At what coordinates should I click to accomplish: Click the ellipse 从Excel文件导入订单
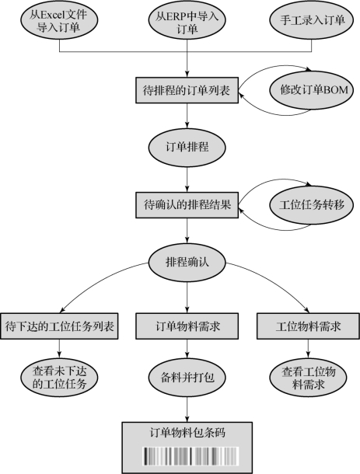click(59, 20)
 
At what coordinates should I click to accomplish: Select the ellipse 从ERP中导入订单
click(187, 20)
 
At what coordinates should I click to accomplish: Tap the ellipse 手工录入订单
click(312, 20)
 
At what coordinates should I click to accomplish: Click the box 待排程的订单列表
click(187, 90)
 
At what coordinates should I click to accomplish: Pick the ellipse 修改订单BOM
click(312, 90)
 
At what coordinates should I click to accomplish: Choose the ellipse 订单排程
click(187, 147)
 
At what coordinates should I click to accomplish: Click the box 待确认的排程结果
click(187, 205)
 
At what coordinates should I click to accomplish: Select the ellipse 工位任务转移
click(312, 205)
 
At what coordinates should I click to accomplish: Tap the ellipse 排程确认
click(187, 263)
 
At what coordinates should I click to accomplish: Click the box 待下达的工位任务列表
click(59, 326)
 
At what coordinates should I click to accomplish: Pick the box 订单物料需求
click(187, 326)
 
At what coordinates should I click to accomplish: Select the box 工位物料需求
click(308, 326)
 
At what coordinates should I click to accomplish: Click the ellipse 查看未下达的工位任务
click(59, 378)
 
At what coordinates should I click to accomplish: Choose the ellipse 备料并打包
click(187, 378)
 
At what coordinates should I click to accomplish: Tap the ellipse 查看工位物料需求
click(308, 378)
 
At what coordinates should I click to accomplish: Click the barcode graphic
click(190, 456)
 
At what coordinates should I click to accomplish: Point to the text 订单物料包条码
click(187, 433)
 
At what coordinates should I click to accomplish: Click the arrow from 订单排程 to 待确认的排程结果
click(187, 179)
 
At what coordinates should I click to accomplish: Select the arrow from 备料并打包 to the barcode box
click(187, 410)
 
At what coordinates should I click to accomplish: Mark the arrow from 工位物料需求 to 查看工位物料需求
click(308, 349)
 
